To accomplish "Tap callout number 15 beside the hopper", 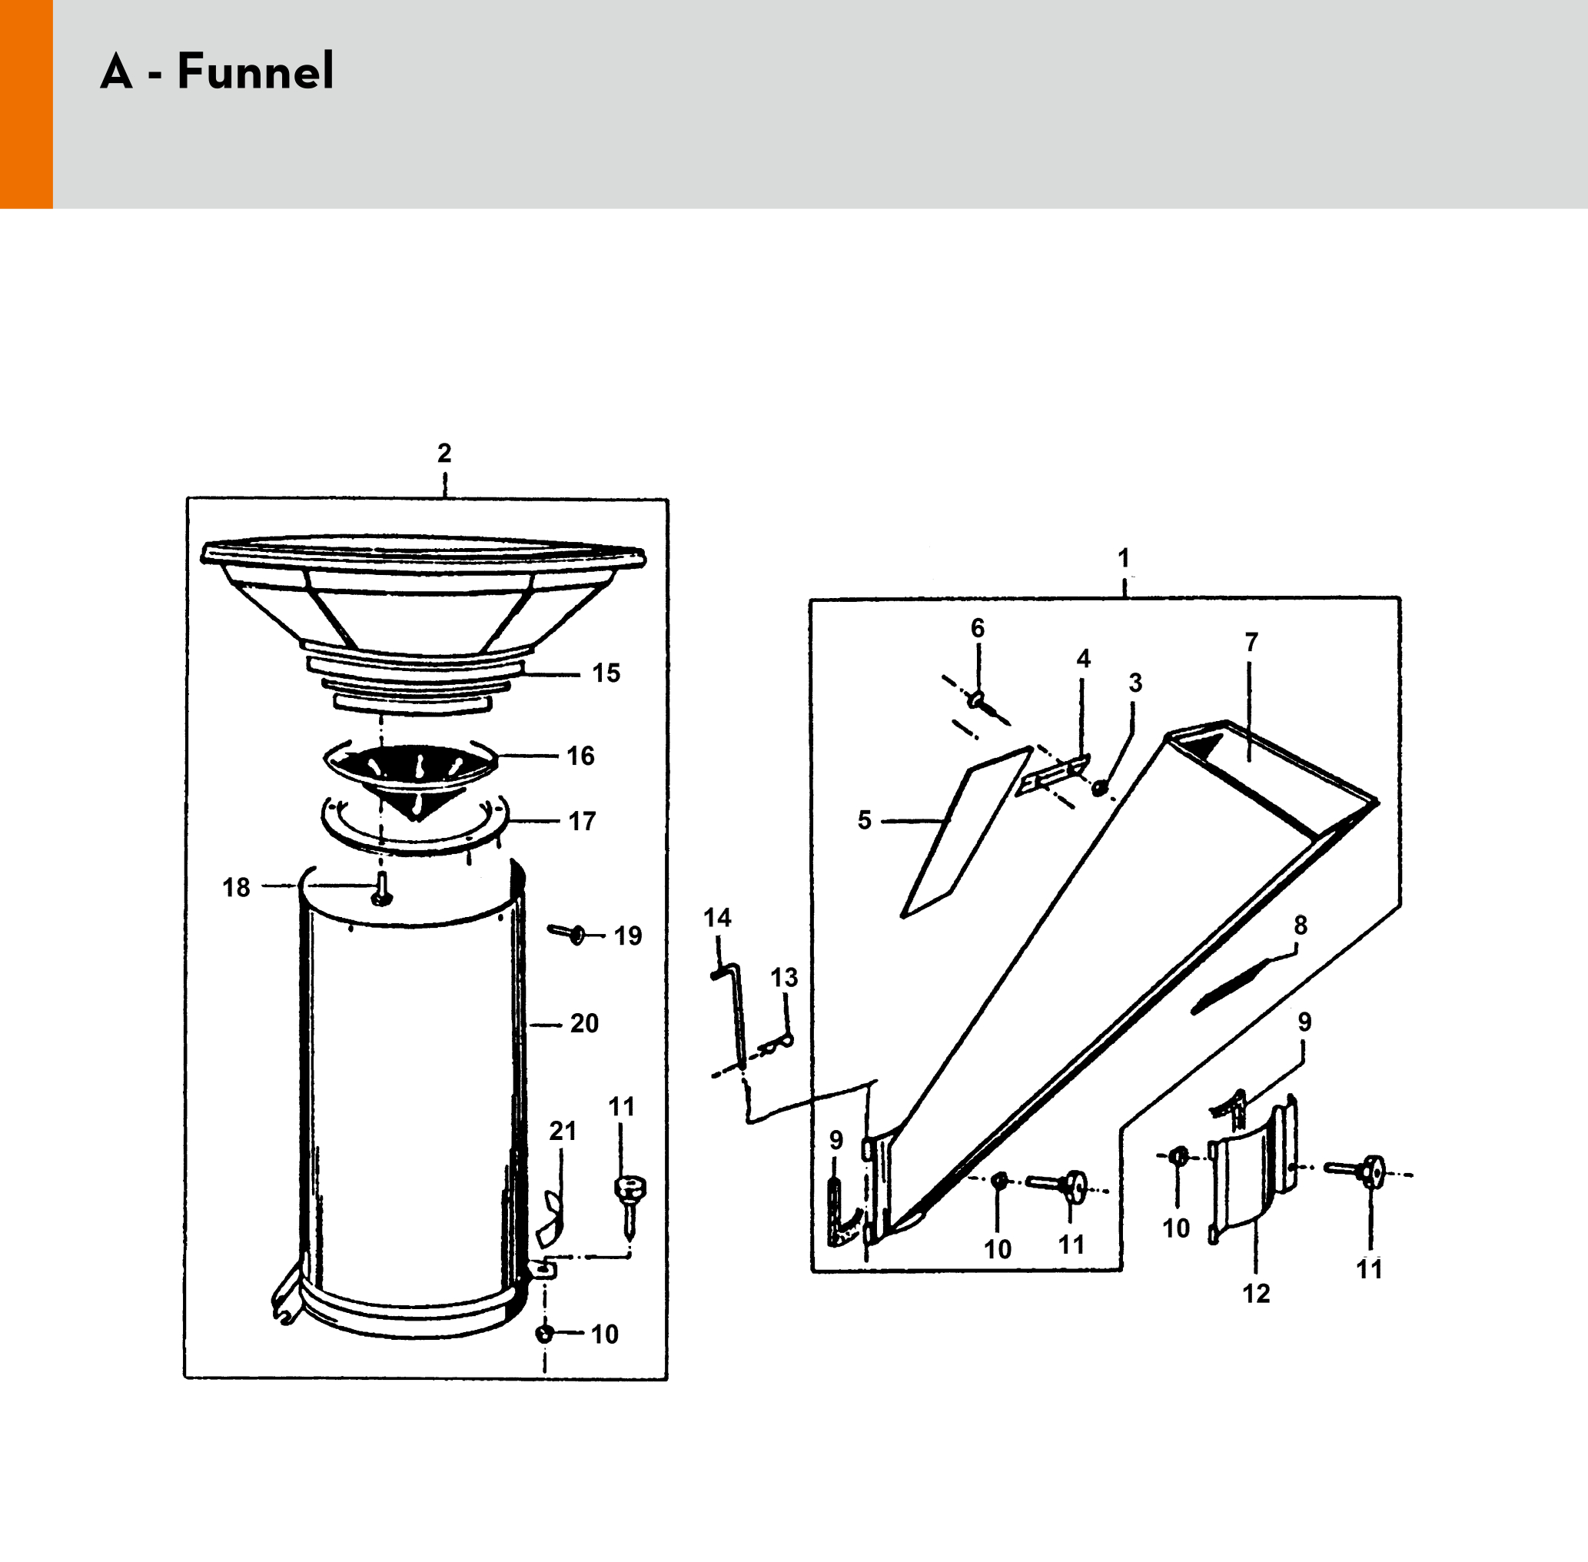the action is [606, 673].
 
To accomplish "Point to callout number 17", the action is [582, 820].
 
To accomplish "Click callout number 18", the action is [236, 887].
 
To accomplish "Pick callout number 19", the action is [628, 936].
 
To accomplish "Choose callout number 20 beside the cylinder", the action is [584, 1023].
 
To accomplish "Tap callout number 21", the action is [563, 1131].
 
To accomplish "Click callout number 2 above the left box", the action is [444, 453].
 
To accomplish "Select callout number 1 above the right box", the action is [1124, 558].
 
